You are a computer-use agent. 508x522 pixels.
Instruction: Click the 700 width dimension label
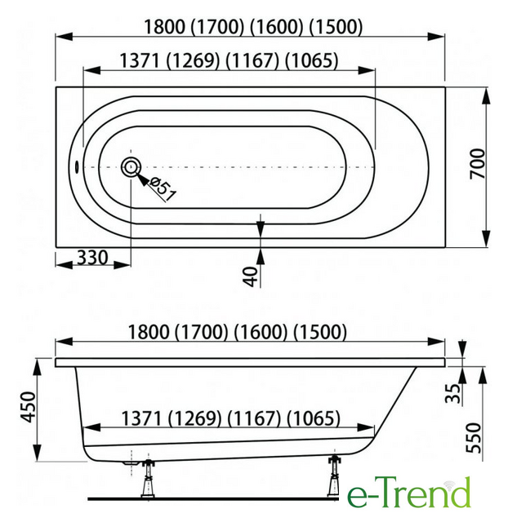click(x=477, y=163)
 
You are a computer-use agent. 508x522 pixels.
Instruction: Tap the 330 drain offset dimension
click(x=92, y=258)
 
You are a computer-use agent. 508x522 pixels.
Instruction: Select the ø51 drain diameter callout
click(x=163, y=188)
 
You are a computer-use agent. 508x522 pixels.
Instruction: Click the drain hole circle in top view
click(x=131, y=167)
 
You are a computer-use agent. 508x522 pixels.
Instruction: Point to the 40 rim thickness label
click(x=251, y=276)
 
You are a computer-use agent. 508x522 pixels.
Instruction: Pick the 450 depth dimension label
click(x=28, y=407)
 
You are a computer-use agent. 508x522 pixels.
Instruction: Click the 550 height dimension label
click(x=474, y=438)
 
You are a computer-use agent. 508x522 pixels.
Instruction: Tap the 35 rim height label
click(x=453, y=393)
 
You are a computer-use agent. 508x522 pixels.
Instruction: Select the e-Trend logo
click(x=408, y=493)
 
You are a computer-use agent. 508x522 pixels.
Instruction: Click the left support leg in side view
click(x=147, y=479)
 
